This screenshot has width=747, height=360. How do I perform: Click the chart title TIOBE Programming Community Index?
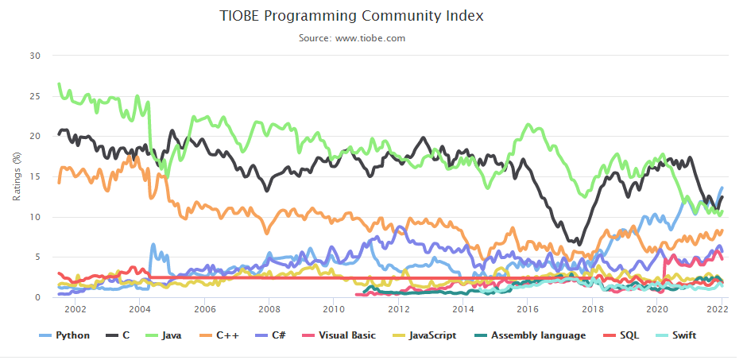pyautogui.click(x=373, y=16)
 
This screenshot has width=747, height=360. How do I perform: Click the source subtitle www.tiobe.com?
pyautogui.click(x=373, y=37)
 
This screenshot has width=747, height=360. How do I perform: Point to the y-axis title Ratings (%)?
pyautogui.click(x=17, y=176)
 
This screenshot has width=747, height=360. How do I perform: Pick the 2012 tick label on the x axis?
pyautogui.click(x=398, y=309)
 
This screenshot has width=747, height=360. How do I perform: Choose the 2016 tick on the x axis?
pyautogui.click(x=528, y=309)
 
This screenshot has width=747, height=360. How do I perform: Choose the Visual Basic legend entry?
pyautogui.click(x=342, y=335)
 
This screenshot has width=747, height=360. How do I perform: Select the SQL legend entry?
pyautogui.click(x=628, y=335)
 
